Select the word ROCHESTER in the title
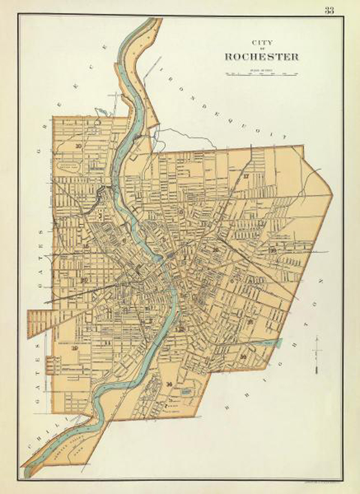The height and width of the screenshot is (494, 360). coord(261,57)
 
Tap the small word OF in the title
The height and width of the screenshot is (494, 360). coord(261,49)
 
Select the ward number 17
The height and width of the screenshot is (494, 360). coord(247,176)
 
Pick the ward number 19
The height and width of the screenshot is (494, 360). coord(75,348)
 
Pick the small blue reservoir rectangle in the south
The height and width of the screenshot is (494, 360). coord(187,390)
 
